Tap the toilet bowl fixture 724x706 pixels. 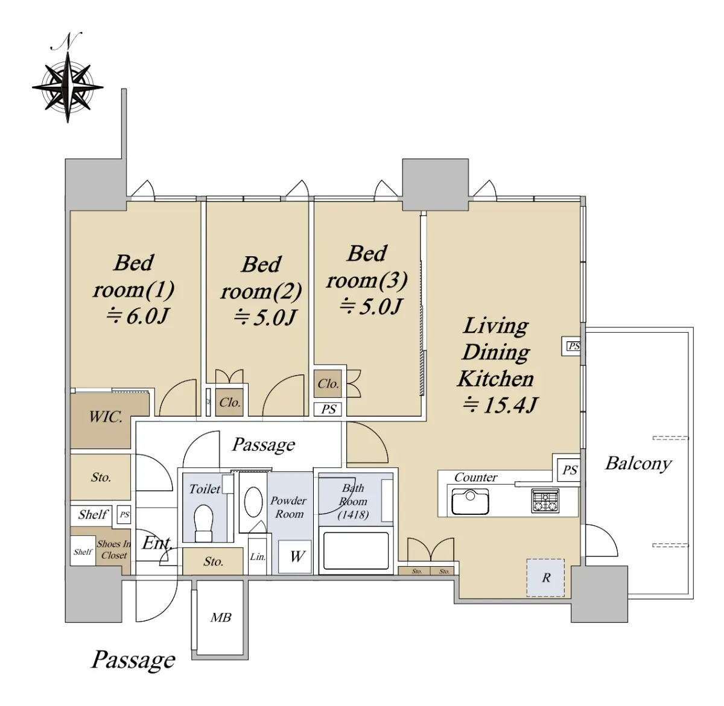click(x=203, y=522)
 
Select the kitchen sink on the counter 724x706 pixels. click(x=470, y=502)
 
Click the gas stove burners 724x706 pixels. click(x=545, y=500)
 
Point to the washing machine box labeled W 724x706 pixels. click(x=294, y=556)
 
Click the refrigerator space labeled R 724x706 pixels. click(x=545, y=578)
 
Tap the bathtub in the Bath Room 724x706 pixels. click(x=356, y=551)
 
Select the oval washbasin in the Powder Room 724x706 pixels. click(x=253, y=502)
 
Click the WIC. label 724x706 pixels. click(x=106, y=417)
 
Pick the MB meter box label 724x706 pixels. click(x=221, y=617)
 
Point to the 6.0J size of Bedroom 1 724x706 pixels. click(x=138, y=317)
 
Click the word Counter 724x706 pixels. click(x=475, y=477)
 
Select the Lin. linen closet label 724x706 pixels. click(x=258, y=556)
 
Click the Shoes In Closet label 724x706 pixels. click(x=114, y=549)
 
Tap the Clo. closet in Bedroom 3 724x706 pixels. click(x=328, y=383)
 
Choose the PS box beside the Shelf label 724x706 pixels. click(x=124, y=515)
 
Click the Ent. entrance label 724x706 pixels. click(x=157, y=544)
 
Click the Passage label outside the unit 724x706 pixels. click(x=133, y=660)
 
